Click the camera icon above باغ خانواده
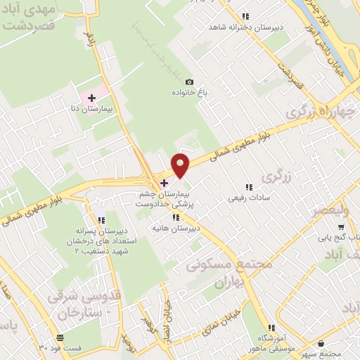(x=189, y=81)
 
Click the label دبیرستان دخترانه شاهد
(x=239, y=27)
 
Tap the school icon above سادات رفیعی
(x=248, y=187)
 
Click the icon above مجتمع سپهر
(x=321, y=343)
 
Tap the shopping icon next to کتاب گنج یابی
(x=341, y=227)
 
